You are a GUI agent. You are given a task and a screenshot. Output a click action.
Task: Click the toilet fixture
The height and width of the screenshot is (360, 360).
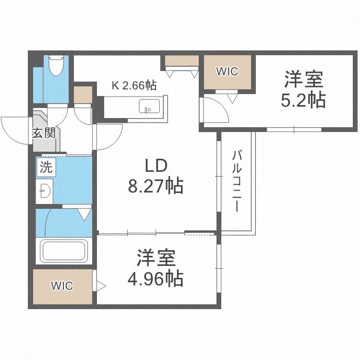[56, 65]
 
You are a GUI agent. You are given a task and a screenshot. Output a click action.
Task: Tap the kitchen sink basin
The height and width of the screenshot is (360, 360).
[149, 106]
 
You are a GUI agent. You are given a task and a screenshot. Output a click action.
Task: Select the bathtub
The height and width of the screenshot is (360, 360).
[64, 251]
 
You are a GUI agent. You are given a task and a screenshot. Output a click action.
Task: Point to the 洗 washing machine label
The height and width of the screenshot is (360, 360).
[46, 167]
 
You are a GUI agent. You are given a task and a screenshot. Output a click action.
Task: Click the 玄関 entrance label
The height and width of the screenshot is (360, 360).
[44, 133]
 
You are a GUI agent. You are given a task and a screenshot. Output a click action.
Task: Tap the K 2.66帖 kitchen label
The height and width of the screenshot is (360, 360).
[134, 85]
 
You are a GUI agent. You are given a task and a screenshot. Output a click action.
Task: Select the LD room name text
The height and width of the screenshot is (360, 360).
[156, 166]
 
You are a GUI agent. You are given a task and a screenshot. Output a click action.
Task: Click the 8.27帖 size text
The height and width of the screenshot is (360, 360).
[156, 186]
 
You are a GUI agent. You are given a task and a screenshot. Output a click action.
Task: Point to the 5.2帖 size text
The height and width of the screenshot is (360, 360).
[303, 100]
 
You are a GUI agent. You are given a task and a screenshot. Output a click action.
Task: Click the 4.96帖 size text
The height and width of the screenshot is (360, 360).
[156, 279]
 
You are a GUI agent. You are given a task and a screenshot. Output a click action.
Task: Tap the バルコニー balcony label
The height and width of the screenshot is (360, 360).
[237, 181]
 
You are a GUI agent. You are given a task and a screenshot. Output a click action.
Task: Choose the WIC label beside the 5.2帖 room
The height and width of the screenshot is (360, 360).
[228, 72]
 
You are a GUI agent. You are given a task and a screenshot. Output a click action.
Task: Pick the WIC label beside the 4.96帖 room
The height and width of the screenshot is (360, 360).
[62, 286]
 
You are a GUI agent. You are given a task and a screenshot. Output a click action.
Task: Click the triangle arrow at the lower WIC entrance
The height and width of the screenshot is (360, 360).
[101, 286]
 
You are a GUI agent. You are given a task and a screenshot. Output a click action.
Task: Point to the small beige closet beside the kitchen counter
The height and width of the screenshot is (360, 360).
[83, 95]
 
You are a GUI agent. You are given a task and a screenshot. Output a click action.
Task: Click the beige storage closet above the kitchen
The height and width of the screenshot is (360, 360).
[181, 60]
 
